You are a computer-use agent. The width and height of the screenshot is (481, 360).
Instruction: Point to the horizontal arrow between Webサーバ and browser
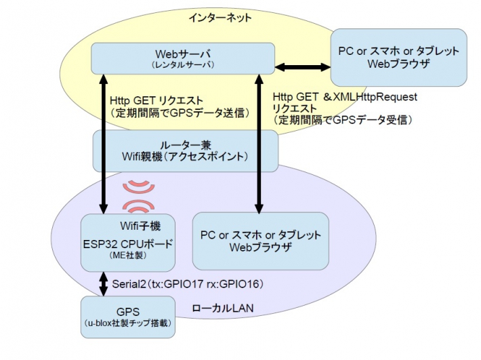[301, 68]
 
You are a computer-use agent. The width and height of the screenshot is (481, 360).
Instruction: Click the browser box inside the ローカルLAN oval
[260, 241]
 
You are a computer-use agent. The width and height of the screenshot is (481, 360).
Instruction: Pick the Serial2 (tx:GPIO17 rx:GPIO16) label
[188, 282]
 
